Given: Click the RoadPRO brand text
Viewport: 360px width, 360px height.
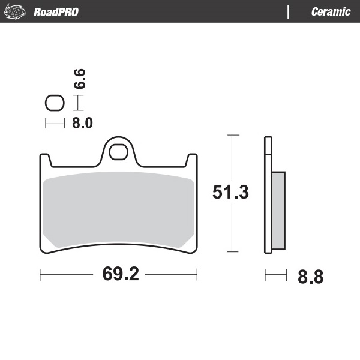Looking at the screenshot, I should coord(56,12).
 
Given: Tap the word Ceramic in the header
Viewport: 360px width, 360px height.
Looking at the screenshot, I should coord(331,12).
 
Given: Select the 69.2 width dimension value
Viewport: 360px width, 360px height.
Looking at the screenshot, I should coord(120,274).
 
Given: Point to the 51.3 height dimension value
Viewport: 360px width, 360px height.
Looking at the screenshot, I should coord(231,192).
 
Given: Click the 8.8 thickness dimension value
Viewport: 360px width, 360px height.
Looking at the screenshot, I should coord(310,277).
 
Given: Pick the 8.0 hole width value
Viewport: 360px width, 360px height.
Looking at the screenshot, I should coord(82,124).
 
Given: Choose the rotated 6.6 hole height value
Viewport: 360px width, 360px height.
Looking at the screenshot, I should coord(79,79).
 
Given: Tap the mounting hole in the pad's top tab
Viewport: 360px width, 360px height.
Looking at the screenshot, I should coord(118,151).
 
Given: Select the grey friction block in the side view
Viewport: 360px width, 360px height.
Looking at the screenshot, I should coord(278,210).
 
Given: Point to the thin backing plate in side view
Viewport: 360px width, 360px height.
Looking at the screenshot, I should coord(268,195).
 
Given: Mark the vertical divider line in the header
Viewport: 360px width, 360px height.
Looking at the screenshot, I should coord(289,12).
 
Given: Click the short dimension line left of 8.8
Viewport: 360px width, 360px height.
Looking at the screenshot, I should coord(275,275).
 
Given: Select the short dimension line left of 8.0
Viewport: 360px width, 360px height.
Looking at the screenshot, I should coord(55,124).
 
